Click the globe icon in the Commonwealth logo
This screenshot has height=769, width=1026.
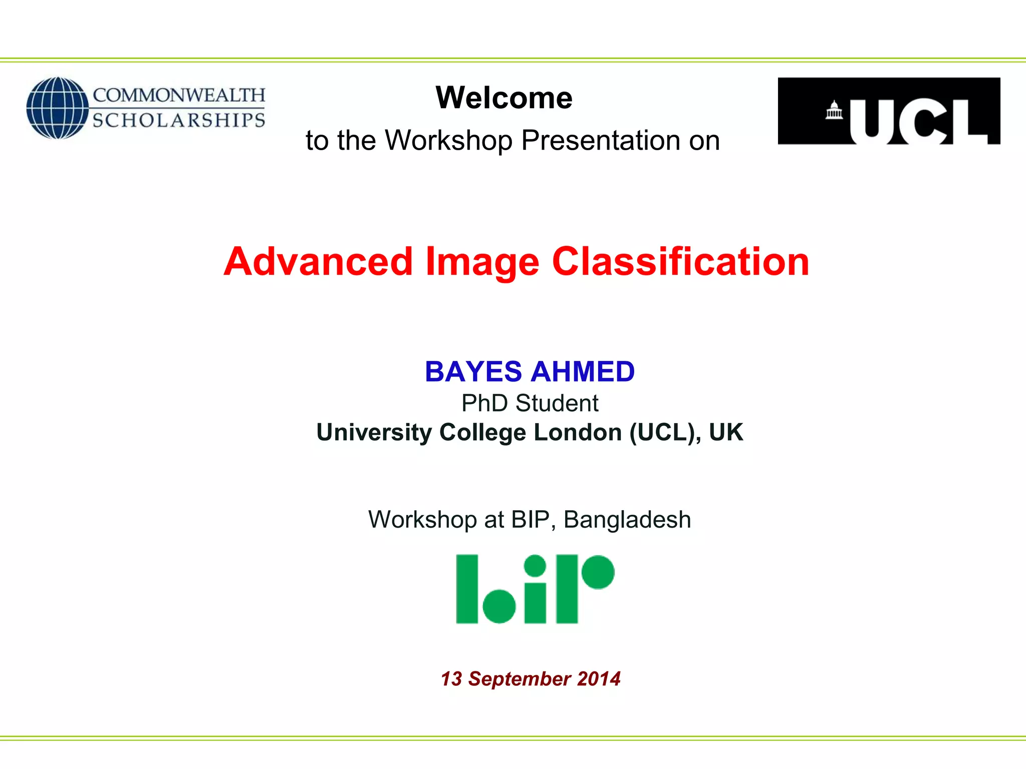click(57, 108)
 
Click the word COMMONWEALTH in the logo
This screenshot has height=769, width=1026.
click(179, 95)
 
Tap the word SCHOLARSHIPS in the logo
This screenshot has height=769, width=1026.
click(179, 121)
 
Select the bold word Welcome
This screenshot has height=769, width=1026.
click(503, 98)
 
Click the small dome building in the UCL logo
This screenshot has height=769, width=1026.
click(834, 111)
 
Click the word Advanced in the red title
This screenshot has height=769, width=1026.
click(318, 262)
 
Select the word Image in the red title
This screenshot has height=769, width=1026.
click(482, 262)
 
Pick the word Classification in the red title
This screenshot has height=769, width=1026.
click(680, 262)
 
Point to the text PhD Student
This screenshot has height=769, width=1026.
click(530, 403)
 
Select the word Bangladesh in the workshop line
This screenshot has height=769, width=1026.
click(627, 520)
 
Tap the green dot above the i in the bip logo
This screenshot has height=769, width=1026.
click(535, 566)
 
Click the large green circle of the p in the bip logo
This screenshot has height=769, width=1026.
click(597, 572)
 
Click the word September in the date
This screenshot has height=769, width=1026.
click(520, 679)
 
